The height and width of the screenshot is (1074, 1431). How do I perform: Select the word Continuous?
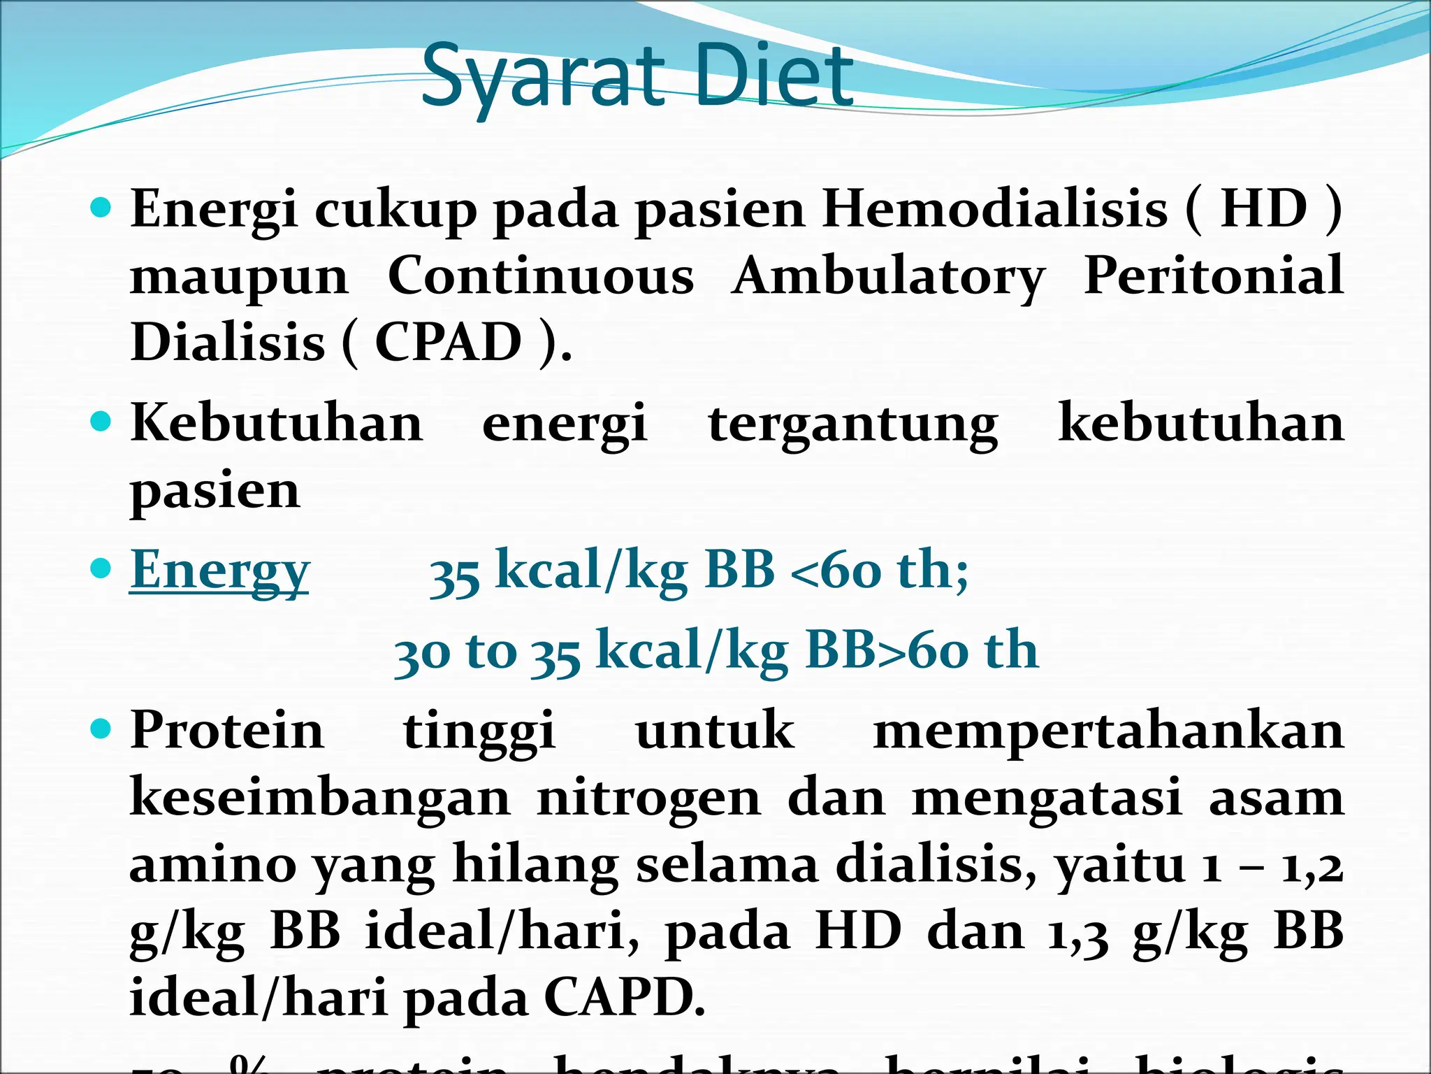[540, 275]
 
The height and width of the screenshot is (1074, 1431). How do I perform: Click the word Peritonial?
[1213, 275]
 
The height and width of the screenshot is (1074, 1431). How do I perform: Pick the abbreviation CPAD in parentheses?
[448, 342]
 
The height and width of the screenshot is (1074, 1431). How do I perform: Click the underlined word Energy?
[219, 571]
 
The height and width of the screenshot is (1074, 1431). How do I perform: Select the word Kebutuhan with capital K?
[277, 423]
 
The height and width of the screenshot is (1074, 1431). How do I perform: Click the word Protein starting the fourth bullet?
[227, 730]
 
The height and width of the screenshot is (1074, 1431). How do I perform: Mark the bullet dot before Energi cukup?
[101, 208]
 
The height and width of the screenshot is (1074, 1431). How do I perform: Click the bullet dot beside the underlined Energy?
[101, 568]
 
